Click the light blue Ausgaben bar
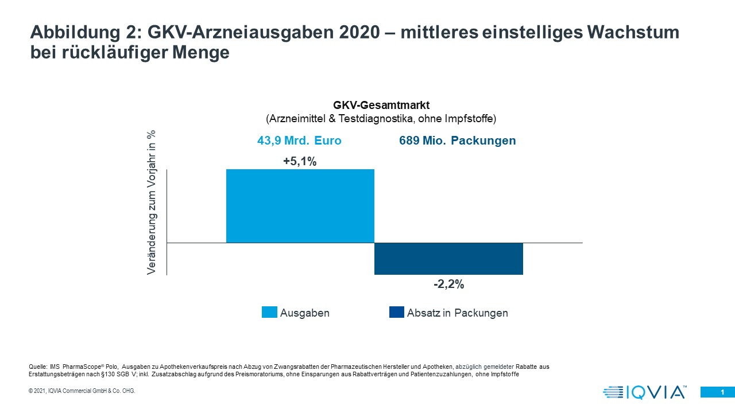(300, 206)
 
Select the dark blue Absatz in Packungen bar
(448, 259)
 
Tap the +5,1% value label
(300, 162)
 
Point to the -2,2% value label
(448, 285)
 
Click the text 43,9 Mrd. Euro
(299, 141)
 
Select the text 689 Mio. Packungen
(457, 141)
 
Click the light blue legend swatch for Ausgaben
(269, 312)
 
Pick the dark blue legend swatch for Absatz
(396, 312)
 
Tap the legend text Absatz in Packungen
(457, 313)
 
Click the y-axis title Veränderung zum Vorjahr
(152, 202)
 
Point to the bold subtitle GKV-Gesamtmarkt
(382, 106)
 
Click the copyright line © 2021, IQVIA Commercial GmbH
(82, 391)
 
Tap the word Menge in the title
(205, 52)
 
